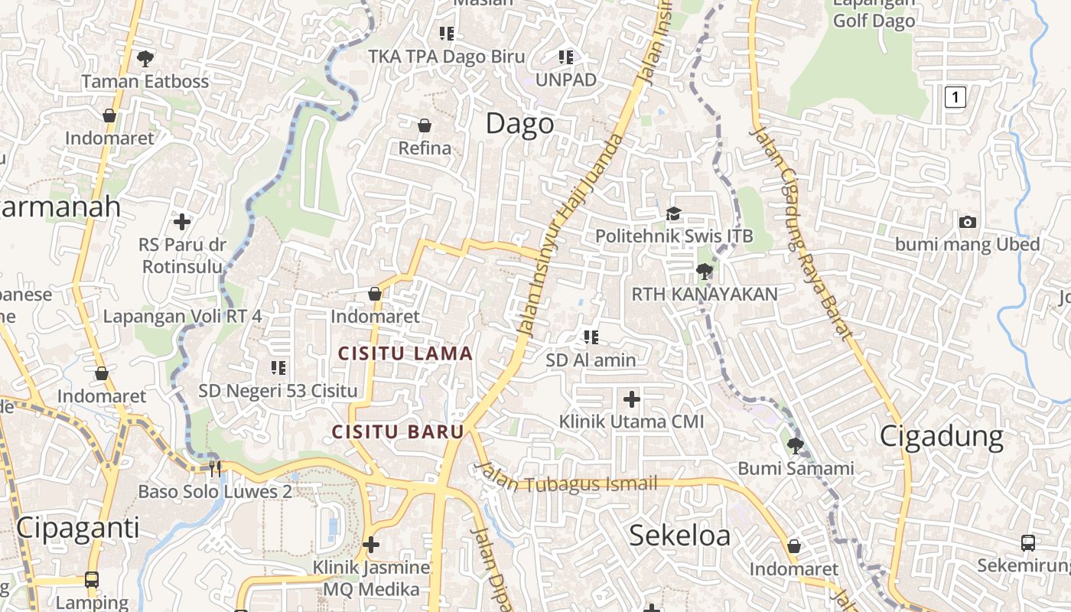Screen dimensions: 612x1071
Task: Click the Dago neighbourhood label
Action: pyautogui.click(x=519, y=124)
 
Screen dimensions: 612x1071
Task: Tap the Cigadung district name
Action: pyautogui.click(x=941, y=436)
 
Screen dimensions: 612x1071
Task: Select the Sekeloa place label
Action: pyautogui.click(x=679, y=535)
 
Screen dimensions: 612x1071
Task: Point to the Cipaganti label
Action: pyautogui.click(x=77, y=528)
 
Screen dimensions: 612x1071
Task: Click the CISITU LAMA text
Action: pyautogui.click(x=405, y=354)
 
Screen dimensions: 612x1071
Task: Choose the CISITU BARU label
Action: pyautogui.click(x=398, y=431)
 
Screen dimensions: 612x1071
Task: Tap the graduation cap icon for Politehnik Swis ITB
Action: pyautogui.click(x=673, y=213)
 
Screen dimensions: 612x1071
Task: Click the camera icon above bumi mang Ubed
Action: pyautogui.click(x=967, y=222)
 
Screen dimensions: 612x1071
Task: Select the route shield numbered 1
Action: pyautogui.click(x=955, y=97)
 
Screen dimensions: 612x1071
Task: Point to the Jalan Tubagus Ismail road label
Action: pyautogui.click(x=566, y=480)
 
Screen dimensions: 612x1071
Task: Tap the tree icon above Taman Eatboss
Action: pyautogui.click(x=145, y=58)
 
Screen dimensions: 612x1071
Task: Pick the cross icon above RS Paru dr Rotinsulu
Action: pyautogui.click(x=182, y=222)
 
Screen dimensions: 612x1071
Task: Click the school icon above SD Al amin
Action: pyautogui.click(x=591, y=337)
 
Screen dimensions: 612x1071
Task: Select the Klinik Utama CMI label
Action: pyautogui.click(x=631, y=422)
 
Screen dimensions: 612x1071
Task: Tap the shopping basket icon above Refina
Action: pyautogui.click(x=425, y=125)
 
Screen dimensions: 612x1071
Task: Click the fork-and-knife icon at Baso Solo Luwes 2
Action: pyautogui.click(x=215, y=468)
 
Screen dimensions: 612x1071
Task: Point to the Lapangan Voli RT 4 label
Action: pyautogui.click(x=182, y=316)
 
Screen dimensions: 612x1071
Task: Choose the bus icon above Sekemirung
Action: pyautogui.click(x=1028, y=543)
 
